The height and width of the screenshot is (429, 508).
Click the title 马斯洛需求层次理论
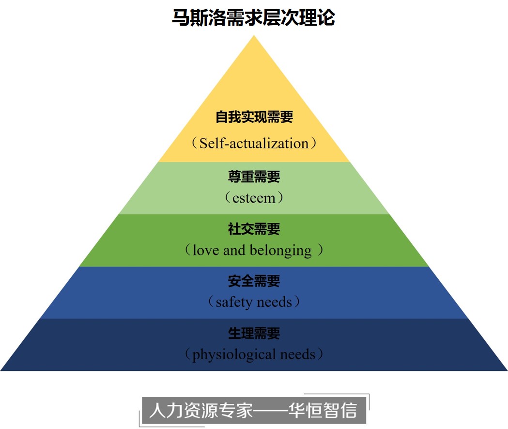coord(254,18)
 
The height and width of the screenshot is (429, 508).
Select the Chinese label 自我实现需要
coord(254,117)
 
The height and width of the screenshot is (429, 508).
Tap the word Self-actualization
coord(254,143)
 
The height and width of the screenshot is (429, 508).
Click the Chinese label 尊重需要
coord(254,177)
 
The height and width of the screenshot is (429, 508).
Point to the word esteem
coord(254,198)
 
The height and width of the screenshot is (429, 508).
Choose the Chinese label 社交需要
coord(254,229)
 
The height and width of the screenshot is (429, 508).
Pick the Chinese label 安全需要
coord(254,281)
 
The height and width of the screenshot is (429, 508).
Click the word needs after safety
coord(274,303)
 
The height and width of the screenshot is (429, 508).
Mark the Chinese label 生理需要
coord(254,334)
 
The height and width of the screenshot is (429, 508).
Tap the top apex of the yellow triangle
coord(254,37)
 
